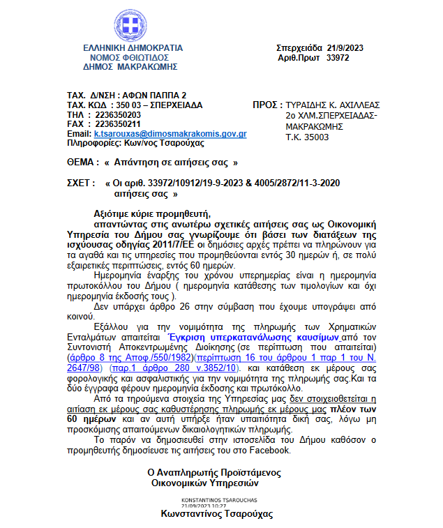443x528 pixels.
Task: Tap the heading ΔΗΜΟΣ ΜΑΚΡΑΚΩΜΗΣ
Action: tap(133, 66)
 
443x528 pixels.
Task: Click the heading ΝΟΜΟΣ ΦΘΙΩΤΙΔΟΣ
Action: tap(133, 57)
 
